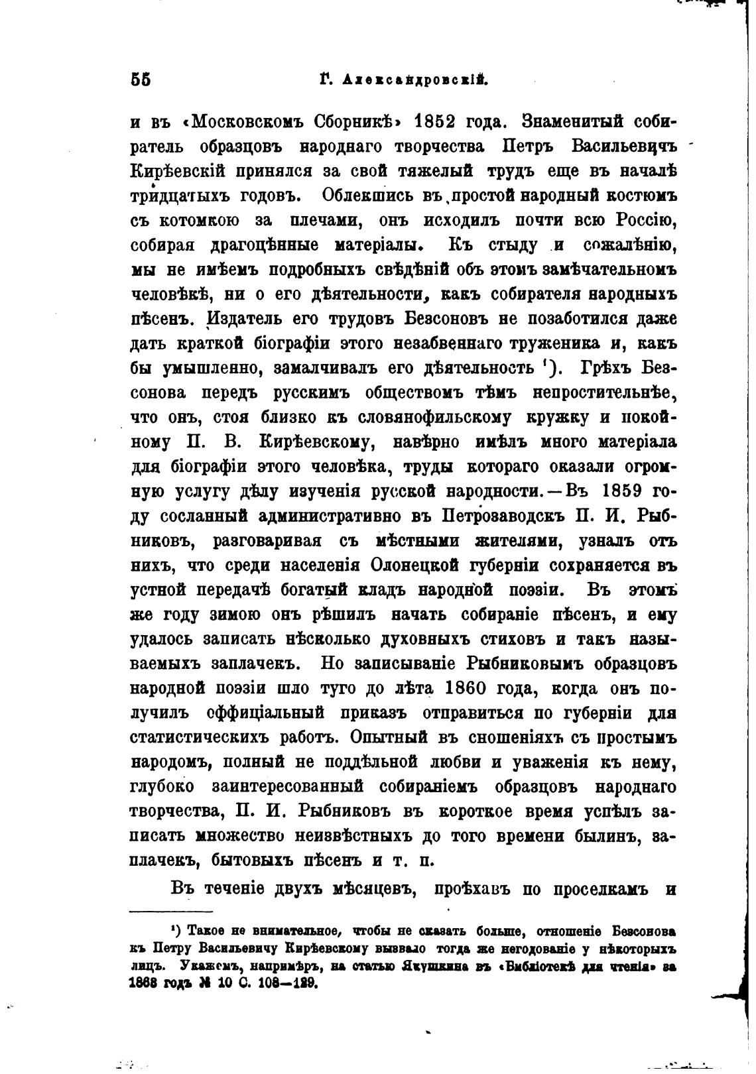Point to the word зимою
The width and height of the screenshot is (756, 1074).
point(233,615)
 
